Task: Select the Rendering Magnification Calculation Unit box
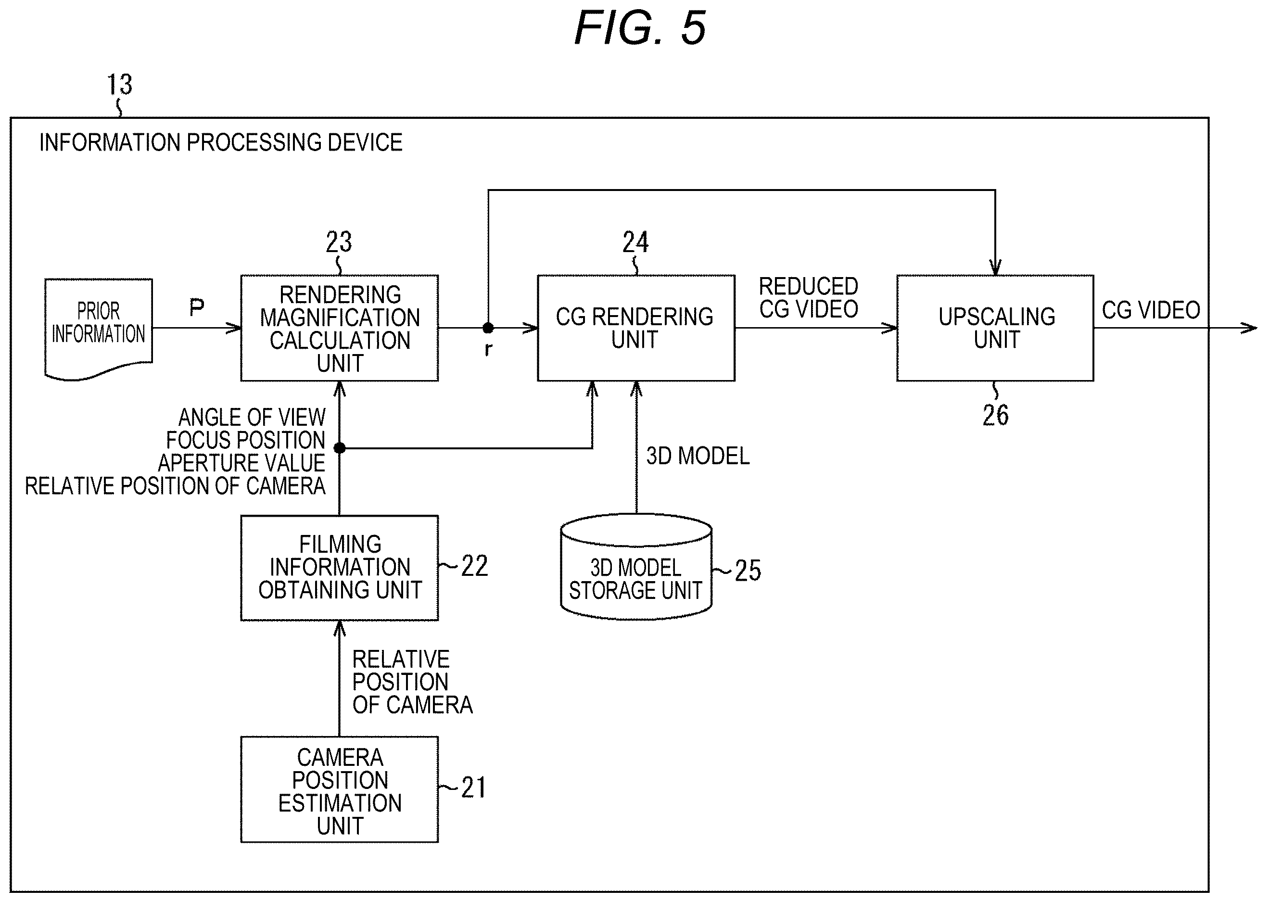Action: click(x=339, y=328)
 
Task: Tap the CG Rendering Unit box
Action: click(x=636, y=328)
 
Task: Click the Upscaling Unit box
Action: click(x=995, y=328)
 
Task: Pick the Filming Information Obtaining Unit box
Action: click(x=339, y=568)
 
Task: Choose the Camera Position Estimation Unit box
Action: click(x=339, y=789)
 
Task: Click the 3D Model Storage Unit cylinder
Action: click(x=636, y=567)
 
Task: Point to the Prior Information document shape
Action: click(x=98, y=329)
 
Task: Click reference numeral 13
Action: click(x=119, y=85)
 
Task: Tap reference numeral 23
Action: click(x=339, y=242)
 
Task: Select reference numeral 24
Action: click(x=635, y=242)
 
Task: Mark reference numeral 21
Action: click(x=474, y=788)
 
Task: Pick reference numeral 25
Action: click(x=748, y=571)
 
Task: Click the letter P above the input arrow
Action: click(x=197, y=307)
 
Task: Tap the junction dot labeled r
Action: click(x=488, y=328)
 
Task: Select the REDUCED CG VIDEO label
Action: click(x=809, y=298)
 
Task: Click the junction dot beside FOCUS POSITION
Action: click(x=339, y=448)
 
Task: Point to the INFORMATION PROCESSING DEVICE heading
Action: click(x=220, y=143)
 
